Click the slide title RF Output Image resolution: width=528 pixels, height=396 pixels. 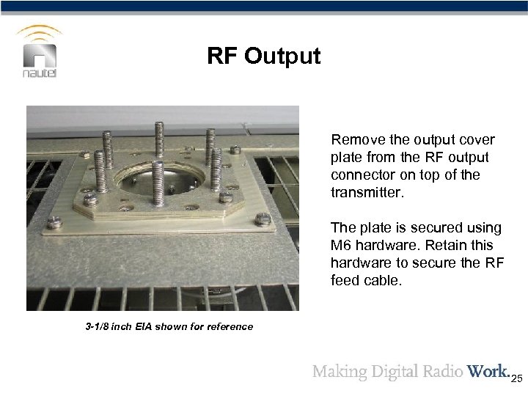coord(264,56)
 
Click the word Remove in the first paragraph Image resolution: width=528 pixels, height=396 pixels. coord(353,139)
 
